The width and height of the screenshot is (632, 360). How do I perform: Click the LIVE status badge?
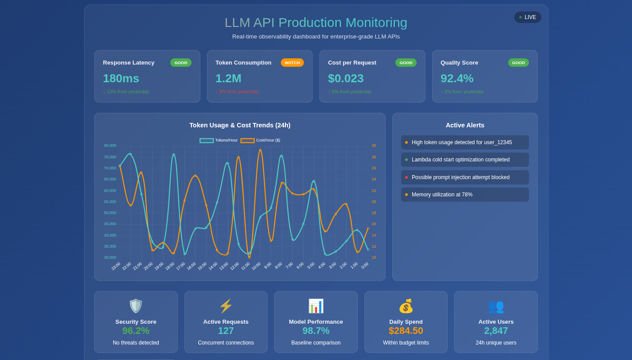tap(528, 17)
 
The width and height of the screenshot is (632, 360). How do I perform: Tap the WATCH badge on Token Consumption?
tap(292, 63)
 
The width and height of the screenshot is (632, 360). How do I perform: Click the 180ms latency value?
tap(121, 78)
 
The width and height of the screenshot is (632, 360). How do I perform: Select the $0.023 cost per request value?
tap(345, 78)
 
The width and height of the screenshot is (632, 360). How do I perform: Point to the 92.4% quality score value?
tap(457, 78)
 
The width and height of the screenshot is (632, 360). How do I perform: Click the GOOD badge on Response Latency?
tap(180, 63)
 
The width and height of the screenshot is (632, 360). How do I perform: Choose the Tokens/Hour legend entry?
tap(219, 141)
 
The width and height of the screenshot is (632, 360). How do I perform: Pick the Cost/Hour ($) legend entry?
tap(260, 141)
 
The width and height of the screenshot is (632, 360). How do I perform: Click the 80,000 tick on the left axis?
tap(110, 146)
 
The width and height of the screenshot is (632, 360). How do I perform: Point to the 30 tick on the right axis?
tap(374, 146)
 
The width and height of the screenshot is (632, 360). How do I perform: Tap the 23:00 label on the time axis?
tap(115, 266)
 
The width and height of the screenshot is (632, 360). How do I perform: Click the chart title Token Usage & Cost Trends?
tap(240, 125)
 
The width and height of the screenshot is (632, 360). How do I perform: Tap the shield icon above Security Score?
tap(136, 306)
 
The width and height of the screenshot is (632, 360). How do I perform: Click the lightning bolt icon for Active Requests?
tap(226, 306)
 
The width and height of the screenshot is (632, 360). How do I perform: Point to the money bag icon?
tap(406, 306)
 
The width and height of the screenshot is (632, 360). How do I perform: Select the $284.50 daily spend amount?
tap(406, 331)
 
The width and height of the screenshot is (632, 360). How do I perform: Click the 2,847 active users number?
tap(496, 331)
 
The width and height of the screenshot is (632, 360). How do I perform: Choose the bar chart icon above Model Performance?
tap(316, 306)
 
